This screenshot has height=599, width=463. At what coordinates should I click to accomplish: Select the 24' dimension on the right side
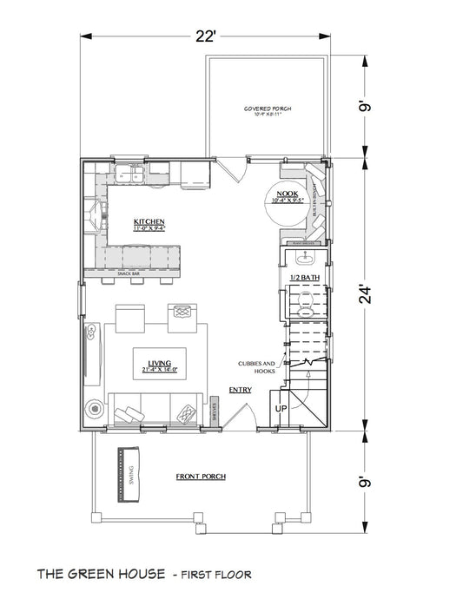pos(369,296)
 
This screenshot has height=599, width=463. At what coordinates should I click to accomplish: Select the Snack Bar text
pos(129,274)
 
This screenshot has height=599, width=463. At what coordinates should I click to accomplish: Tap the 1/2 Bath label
pos(305,277)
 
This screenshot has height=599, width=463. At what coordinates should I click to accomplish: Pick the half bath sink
pos(306,257)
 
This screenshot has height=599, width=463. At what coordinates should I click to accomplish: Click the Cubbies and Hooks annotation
pos(256,366)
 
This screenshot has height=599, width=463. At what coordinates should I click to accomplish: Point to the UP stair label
pos(281,407)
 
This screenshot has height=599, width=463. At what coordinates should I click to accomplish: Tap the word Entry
pos(241,390)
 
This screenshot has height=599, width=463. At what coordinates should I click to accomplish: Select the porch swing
pos(128,475)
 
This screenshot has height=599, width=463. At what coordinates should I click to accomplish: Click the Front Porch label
pos(196,477)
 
